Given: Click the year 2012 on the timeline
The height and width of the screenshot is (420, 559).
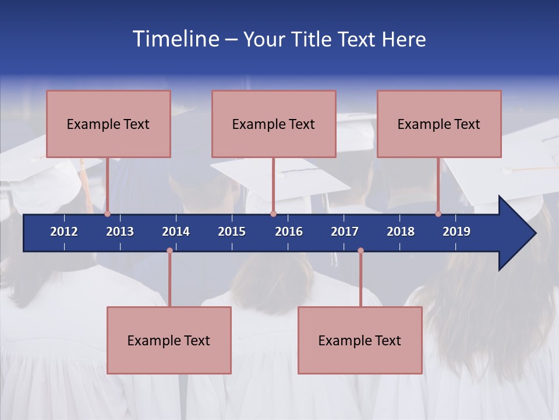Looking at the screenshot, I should pos(64,232).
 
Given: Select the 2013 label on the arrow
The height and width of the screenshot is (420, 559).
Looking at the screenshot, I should pos(120,232).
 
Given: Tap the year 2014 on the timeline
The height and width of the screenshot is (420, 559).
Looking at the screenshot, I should pos(176,232).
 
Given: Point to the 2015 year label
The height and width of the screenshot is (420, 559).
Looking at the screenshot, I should pos(232,232).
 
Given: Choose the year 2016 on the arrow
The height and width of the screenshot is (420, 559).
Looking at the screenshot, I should pos(289,232).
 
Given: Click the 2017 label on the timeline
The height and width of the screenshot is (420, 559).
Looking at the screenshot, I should pos(345,232).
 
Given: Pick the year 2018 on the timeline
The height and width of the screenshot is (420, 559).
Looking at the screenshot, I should pos(401,232).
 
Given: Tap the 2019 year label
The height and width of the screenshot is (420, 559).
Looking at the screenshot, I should pos(457,232).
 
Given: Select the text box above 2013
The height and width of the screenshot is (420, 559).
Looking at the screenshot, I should pos(108,124).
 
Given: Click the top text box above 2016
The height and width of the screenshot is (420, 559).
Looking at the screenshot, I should pos(274,124).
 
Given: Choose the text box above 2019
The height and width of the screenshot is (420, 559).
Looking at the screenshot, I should pos(439,124).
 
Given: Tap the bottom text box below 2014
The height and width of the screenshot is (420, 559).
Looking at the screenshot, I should pos(169,340).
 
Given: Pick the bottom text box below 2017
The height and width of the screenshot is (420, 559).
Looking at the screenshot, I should pos(360,340).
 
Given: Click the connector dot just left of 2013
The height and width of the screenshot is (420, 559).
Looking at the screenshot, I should pos(108,213).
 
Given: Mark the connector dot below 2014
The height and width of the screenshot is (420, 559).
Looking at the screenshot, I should pos(169,251).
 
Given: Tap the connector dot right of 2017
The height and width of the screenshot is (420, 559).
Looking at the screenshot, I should pos(360,251).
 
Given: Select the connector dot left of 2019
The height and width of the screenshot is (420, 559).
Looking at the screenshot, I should pos(438,213).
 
